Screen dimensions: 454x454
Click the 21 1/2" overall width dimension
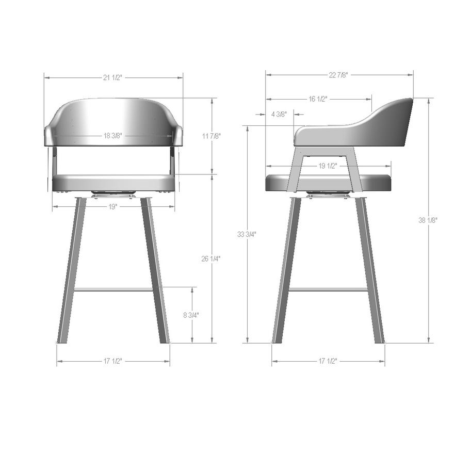pos(113,77)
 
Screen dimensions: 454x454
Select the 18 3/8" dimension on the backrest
pos(113,136)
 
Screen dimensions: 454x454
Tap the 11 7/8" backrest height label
pos(211,136)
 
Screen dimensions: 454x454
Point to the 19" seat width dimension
pos(113,206)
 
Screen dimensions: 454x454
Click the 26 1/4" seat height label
pos(211,258)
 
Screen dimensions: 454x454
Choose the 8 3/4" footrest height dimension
pos(191,315)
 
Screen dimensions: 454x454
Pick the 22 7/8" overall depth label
pos(338,75)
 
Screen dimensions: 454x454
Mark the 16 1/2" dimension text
pos(318,99)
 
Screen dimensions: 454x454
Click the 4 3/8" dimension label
pos(279,115)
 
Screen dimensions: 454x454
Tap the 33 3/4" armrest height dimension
pos(247,234)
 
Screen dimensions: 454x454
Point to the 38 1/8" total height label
pos(428,220)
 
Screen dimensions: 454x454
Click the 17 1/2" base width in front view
pos(113,361)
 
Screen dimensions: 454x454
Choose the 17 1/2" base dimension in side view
pos(328,361)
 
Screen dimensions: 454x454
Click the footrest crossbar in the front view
pos(113,289)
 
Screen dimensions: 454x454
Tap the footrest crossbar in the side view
pos(328,289)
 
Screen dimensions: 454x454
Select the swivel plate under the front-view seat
pos(113,194)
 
